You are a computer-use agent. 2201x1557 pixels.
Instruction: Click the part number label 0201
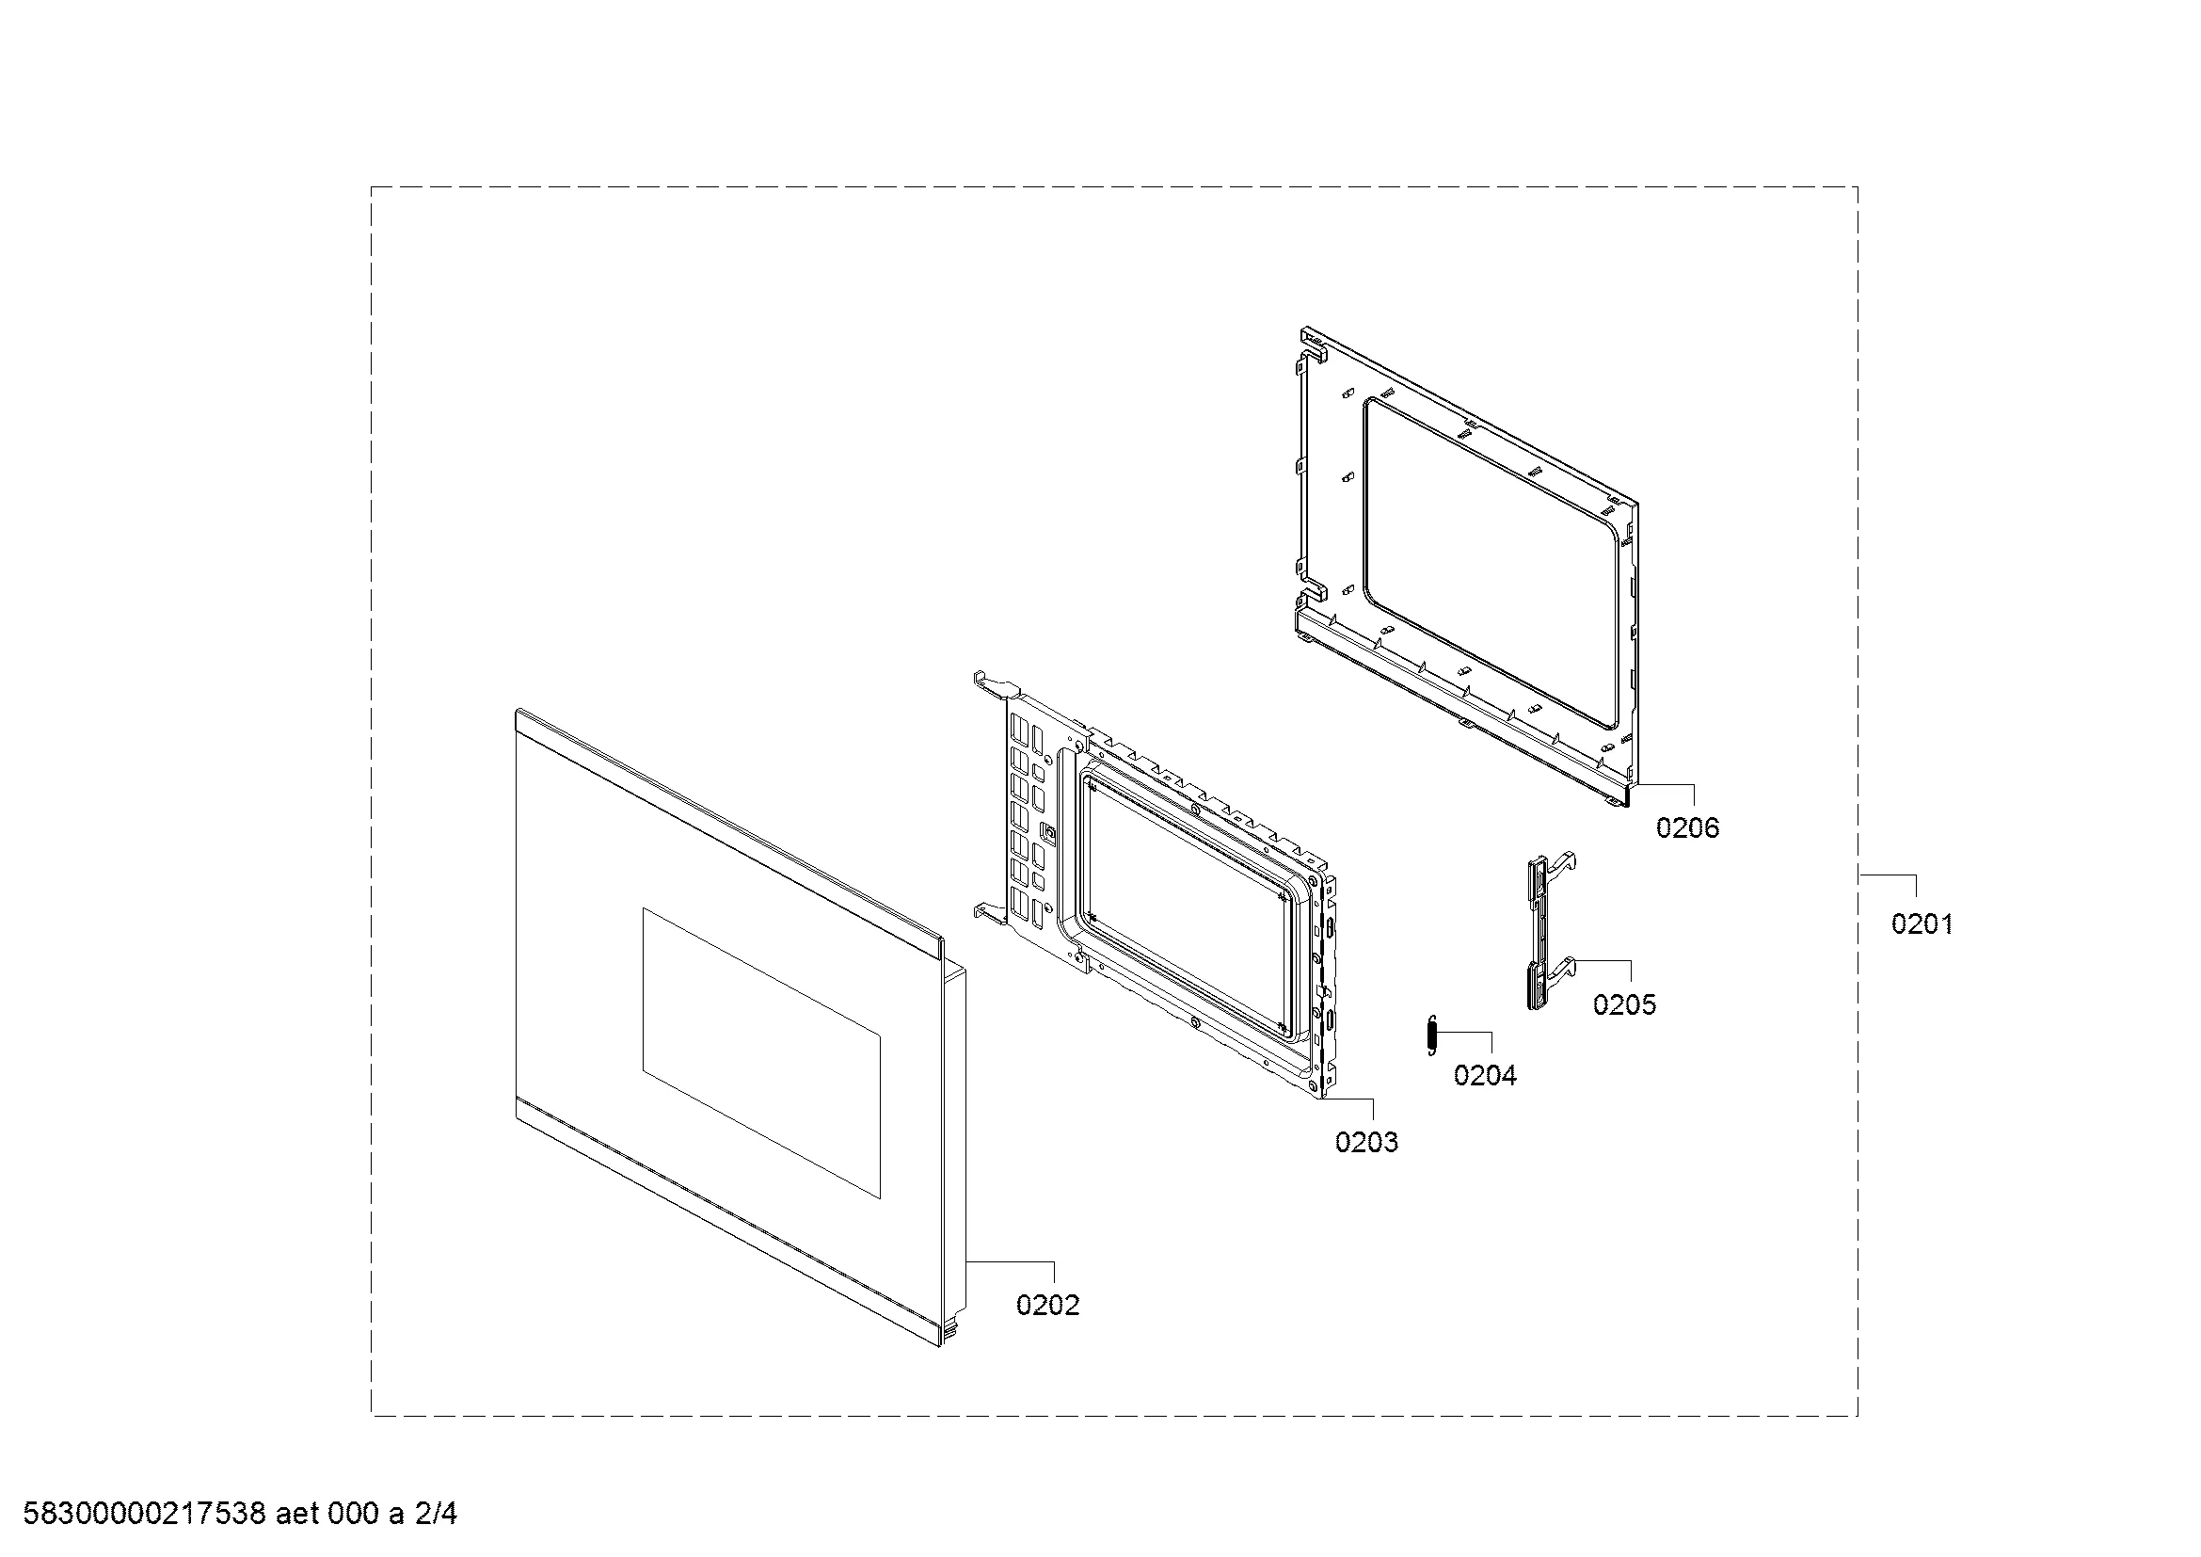(1922, 923)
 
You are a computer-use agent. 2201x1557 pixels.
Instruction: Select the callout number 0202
(1047, 1305)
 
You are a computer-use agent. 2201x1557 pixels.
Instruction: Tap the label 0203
(1366, 1142)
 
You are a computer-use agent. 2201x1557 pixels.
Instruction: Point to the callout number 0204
(1485, 1076)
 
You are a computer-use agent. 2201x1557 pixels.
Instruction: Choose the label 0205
(1625, 1004)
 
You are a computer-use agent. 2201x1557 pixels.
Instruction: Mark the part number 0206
(1688, 828)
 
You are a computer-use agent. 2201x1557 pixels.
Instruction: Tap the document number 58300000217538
(144, 1514)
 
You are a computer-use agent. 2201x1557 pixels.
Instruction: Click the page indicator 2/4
(437, 1514)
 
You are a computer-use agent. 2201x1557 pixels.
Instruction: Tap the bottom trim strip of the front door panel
(727, 1227)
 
